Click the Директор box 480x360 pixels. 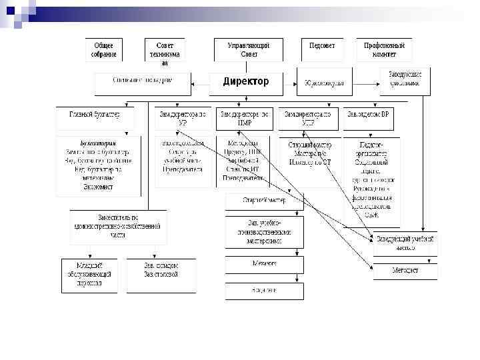pyautogui.click(x=246, y=83)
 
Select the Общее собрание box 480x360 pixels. pyautogui.click(x=103, y=50)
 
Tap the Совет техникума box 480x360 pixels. pyautogui.click(x=164, y=50)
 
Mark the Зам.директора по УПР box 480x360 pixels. pyautogui.click(x=307, y=118)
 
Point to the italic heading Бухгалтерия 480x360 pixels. pyautogui.click(x=98, y=143)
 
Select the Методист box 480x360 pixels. pyautogui.click(x=405, y=271)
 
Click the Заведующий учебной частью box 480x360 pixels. pyautogui.click(x=405, y=244)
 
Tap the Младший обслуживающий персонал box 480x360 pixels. pyautogui.click(x=89, y=275)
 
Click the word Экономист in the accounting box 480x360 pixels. pyautogui.click(x=98, y=187)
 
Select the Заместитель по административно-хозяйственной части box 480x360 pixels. pyautogui.click(x=118, y=226)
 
